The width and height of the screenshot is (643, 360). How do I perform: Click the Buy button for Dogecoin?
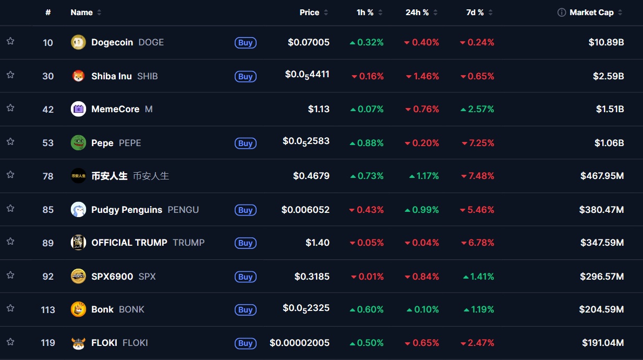click(x=246, y=42)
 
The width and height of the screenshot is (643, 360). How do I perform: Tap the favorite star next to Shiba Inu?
click(x=10, y=75)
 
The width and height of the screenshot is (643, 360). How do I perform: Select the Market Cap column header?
click(x=591, y=13)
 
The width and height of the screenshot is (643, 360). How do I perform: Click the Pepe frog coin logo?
click(x=78, y=142)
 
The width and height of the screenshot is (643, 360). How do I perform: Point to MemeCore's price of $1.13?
click(x=319, y=109)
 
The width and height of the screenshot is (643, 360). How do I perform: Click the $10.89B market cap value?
click(x=606, y=42)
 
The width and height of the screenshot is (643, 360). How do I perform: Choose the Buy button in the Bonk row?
click(x=246, y=310)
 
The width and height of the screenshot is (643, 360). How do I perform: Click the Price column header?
click(x=309, y=13)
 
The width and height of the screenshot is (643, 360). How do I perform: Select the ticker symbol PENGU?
click(x=183, y=210)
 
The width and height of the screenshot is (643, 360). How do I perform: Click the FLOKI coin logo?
click(x=78, y=343)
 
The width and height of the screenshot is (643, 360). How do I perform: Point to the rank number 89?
click(x=48, y=243)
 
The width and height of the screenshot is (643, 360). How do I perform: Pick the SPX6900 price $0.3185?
click(x=312, y=277)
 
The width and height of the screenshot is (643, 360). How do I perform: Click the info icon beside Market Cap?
click(x=562, y=13)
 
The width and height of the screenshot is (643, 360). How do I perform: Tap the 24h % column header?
click(x=417, y=13)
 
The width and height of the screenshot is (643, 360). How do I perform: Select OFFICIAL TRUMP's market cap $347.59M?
click(x=602, y=243)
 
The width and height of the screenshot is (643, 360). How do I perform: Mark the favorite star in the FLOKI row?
click(x=10, y=342)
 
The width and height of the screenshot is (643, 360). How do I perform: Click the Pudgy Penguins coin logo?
click(x=78, y=210)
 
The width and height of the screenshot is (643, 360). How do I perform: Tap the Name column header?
click(x=81, y=13)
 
